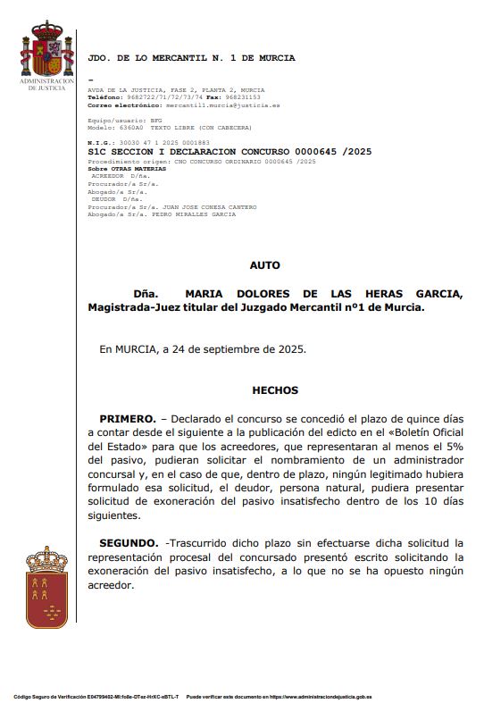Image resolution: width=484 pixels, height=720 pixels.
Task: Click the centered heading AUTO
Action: click(x=264, y=265)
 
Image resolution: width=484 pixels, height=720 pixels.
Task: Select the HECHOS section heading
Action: click(x=275, y=390)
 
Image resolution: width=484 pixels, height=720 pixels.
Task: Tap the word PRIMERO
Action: click(x=127, y=418)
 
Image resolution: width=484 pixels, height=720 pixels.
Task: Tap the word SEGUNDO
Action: click(x=129, y=543)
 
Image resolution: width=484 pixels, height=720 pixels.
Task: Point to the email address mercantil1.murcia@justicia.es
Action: click(x=204, y=105)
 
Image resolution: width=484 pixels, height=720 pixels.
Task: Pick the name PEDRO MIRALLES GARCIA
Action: click(x=194, y=214)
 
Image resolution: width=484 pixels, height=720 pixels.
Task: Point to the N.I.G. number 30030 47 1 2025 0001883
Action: click(x=161, y=143)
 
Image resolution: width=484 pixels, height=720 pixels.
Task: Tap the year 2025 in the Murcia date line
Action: click(x=291, y=349)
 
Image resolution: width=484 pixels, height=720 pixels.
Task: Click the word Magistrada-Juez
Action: click(x=132, y=307)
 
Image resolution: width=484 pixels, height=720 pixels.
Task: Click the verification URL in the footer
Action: click(x=322, y=696)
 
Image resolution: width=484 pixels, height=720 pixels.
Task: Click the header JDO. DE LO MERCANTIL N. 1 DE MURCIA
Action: click(x=191, y=58)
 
